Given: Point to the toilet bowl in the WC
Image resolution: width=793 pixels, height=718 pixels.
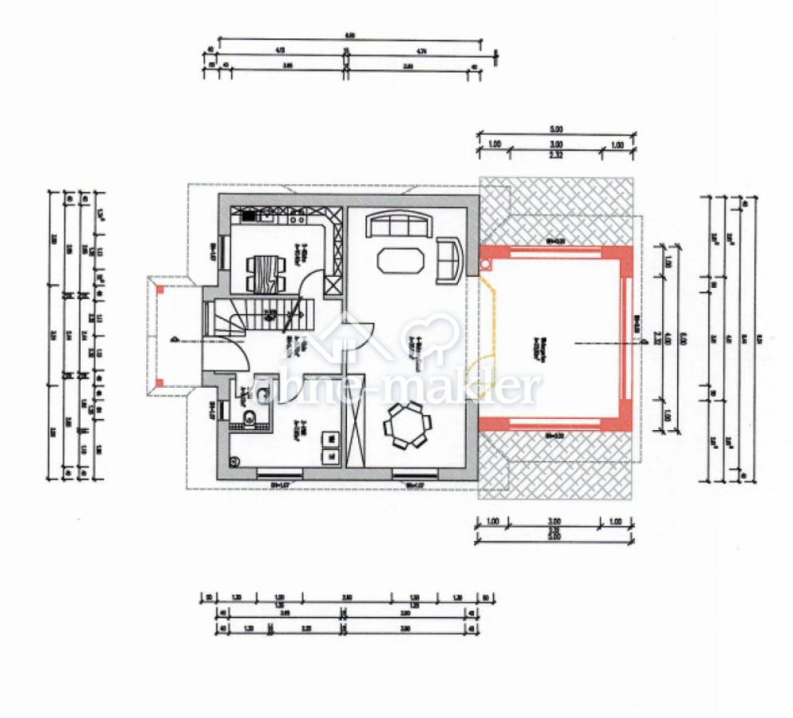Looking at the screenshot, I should tap(249, 416).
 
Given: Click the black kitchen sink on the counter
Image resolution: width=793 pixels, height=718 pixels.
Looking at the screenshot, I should tap(248, 215).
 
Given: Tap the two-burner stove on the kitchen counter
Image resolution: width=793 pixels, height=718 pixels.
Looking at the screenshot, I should tap(297, 215).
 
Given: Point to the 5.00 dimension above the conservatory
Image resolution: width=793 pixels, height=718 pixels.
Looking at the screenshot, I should tap(556, 129).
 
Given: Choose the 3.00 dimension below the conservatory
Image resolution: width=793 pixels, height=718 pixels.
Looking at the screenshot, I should tap(556, 519).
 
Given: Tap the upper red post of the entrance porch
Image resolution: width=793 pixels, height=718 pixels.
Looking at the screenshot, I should tap(160, 291).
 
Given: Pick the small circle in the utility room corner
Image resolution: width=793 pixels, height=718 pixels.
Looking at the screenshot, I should tap(235, 460).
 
